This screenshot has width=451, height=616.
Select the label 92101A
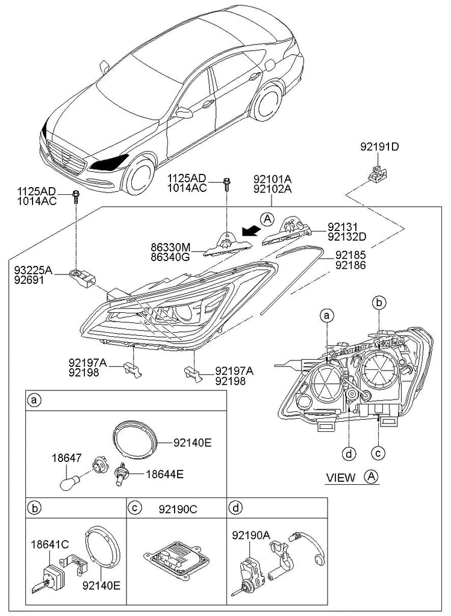(x=272, y=179)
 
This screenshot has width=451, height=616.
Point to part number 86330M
(x=170, y=246)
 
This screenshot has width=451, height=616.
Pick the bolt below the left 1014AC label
(x=76, y=195)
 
